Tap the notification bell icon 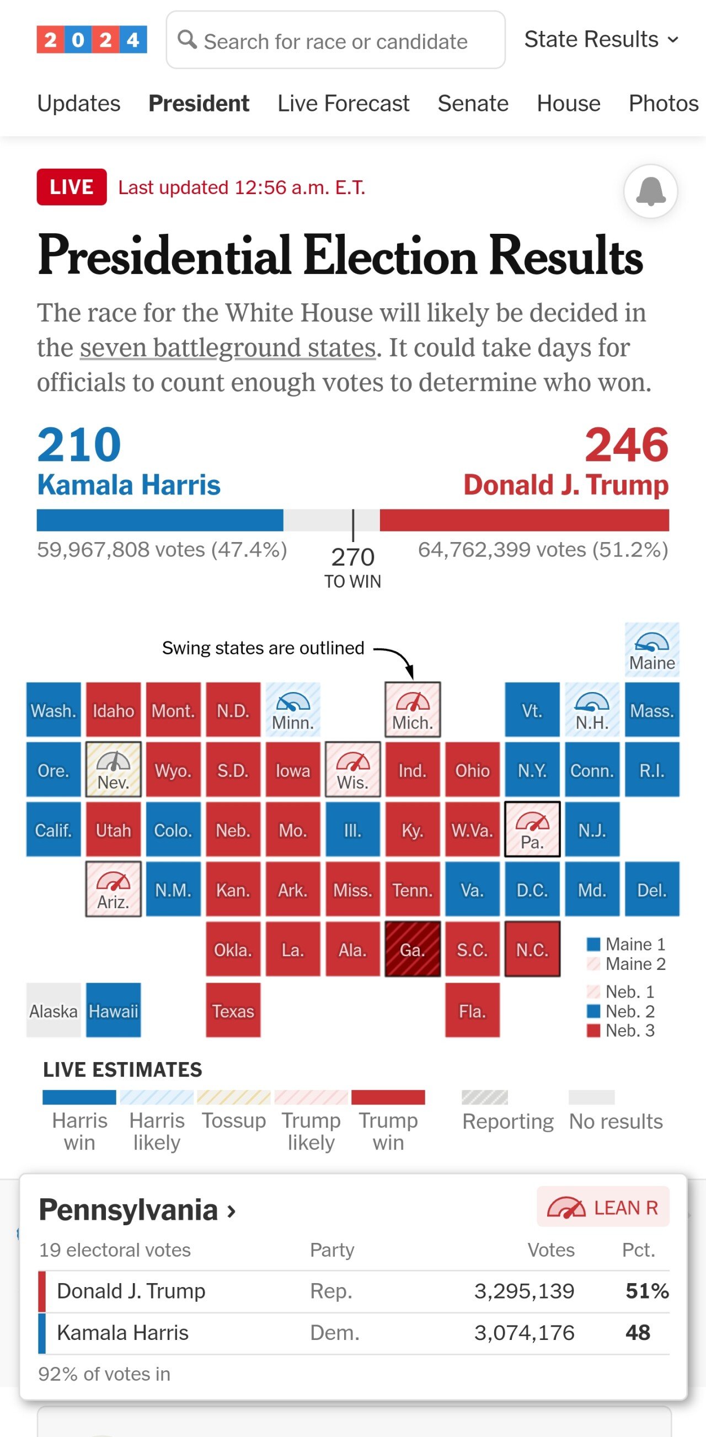(650, 191)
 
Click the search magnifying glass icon (187, 40)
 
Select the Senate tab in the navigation (473, 104)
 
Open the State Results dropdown (601, 40)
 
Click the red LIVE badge (72, 187)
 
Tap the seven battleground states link (228, 347)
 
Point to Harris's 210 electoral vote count (79, 444)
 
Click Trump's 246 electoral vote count (626, 444)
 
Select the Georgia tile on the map (413, 949)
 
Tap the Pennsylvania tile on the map (532, 829)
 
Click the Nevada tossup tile (113, 769)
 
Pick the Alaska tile (54, 1010)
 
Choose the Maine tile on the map (652, 650)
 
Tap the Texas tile (233, 1010)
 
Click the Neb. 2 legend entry (621, 1011)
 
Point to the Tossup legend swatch (233, 1097)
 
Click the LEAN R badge (603, 1208)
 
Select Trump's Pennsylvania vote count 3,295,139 (523, 1291)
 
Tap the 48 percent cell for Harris (638, 1333)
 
